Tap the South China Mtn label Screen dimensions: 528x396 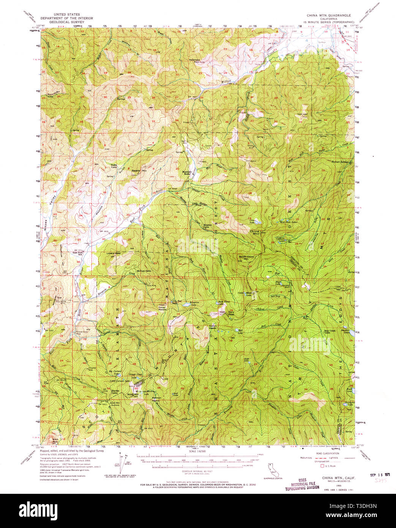coord(246,258)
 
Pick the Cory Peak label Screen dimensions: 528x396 coord(223,312)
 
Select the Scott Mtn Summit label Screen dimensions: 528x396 coord(115,403)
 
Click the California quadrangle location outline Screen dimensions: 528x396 coord(275,470)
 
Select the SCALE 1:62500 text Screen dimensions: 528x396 coord(198,451)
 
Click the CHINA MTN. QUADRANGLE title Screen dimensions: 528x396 coord(329,15)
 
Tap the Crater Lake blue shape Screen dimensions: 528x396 coord(258,221)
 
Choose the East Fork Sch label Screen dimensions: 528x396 coord(78,253)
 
